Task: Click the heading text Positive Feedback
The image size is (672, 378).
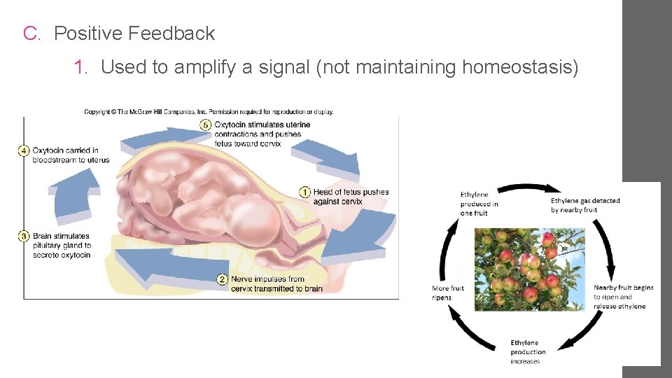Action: pos(134,34)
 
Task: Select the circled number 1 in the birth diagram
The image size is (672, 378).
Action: pos(305,192)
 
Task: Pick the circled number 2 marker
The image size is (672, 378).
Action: pos(223,279)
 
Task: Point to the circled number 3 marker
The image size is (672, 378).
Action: pos(24,237)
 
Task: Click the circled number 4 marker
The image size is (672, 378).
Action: pos(24,150)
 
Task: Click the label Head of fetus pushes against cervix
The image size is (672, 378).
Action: pos(350,197)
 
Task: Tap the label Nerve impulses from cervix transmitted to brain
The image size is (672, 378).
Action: pos(276,283)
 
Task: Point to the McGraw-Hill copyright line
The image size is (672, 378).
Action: pos(209,111)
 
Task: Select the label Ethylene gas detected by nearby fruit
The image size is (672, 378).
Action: pos(585,205)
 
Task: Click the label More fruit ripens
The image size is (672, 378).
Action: pos(448,293)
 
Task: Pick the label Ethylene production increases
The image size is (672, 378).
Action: pos(528,352)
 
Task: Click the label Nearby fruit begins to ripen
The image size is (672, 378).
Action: pos(623,297)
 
